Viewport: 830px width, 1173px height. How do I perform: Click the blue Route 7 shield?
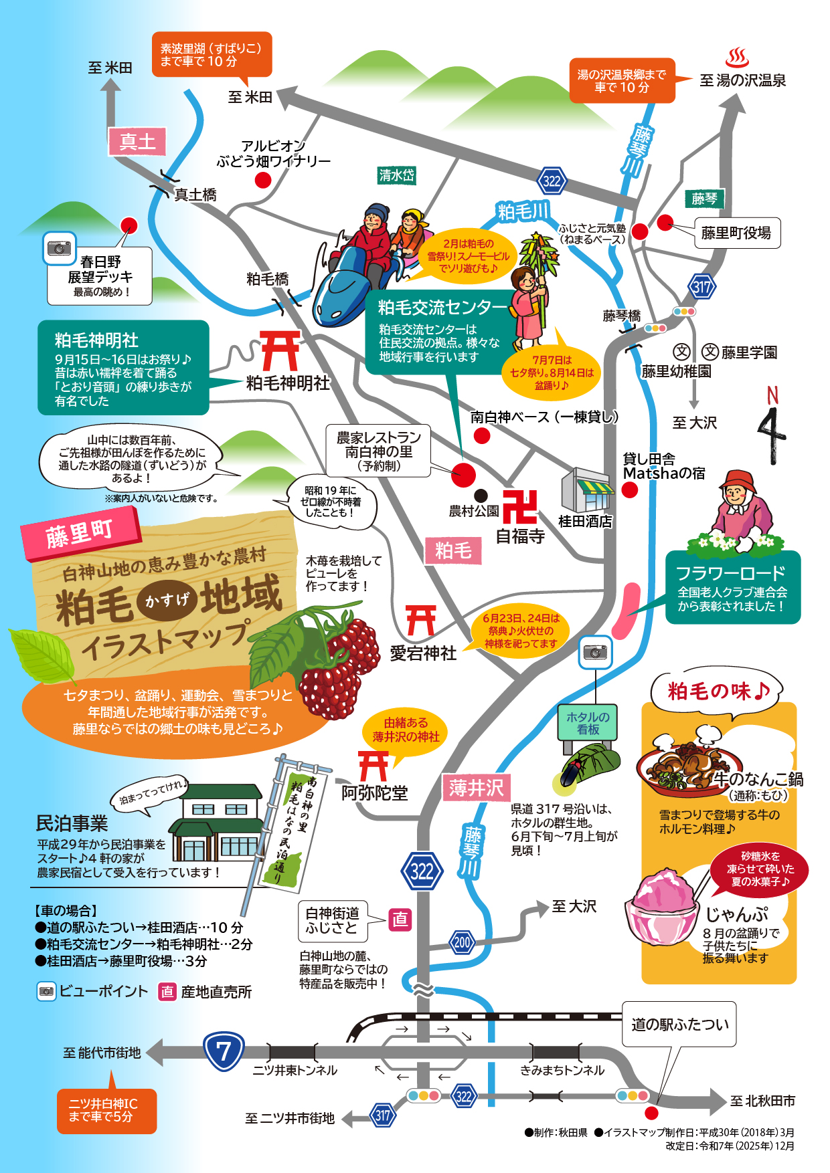(224, 1051)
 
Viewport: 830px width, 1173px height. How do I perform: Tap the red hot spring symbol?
(737, 58)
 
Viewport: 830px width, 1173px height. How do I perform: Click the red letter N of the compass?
(772, 395)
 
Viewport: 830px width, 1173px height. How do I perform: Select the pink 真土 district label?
(137, 142)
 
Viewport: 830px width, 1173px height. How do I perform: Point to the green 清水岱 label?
(396, 176)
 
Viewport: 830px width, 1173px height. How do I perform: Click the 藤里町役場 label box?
(736, 233)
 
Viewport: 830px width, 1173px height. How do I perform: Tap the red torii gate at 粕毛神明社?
(280, 350)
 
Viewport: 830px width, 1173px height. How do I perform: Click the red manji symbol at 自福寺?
(520, 507)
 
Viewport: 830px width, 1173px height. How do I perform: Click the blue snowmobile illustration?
(341, 284)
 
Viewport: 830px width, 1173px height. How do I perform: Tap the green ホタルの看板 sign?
(588, 723)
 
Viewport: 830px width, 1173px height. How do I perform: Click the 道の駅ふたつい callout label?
(679, 1024)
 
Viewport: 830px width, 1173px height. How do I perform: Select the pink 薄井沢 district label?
(476, 788)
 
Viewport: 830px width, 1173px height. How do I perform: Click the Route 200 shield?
(462, 942)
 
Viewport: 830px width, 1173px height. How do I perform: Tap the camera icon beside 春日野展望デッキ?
(59, 248)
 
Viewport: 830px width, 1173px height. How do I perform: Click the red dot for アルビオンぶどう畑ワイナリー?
(263, 180)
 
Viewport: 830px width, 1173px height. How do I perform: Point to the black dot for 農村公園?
(481, 496)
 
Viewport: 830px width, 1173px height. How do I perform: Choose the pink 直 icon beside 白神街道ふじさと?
(400, 920)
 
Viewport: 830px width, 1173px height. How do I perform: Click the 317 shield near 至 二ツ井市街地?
(382, 1115)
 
